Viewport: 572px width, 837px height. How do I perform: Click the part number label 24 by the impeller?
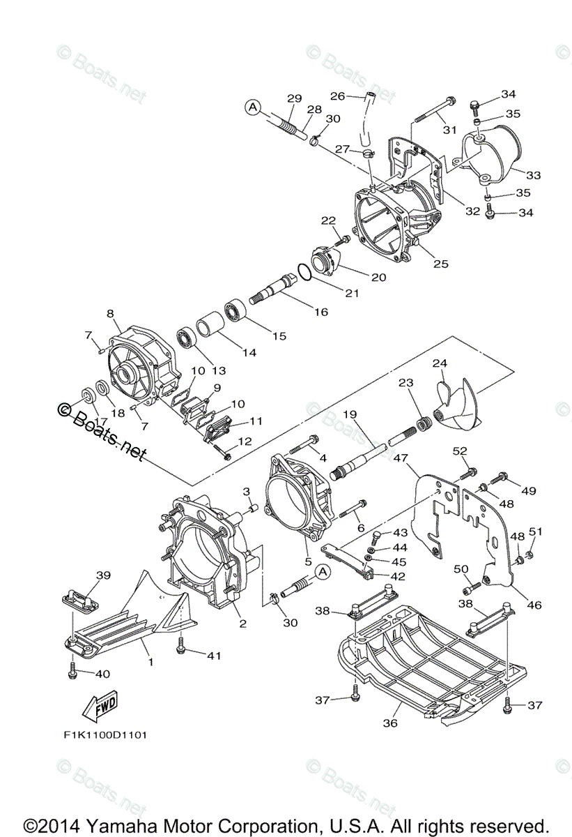tap(439, 363)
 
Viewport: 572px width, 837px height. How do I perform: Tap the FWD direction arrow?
tap(99, 704)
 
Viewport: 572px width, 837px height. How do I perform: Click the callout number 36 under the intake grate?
tap(390, 723)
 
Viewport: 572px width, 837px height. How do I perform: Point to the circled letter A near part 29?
tap(253, 107)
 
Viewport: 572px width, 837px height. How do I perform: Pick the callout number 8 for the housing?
tap(110, 315)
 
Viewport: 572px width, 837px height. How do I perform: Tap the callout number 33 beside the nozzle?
tap(533, 175)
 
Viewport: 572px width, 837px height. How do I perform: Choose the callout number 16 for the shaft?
tap(320, 312)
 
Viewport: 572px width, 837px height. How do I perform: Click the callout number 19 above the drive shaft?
tap(349, 414)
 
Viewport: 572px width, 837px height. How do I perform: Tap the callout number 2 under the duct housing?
tap(242, 623)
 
